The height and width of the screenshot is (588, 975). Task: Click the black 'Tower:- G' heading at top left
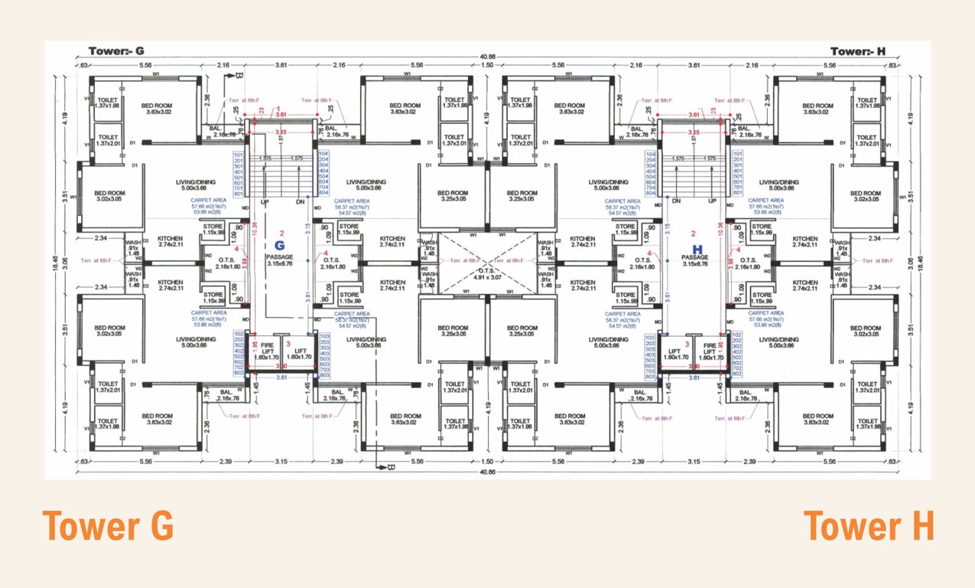[116, 51]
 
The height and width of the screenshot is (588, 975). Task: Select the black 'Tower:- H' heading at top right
[857, 51]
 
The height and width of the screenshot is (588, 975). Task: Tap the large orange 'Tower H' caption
[869, 528]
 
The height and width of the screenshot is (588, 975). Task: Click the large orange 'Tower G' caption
[108, 528]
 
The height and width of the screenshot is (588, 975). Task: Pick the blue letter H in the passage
[697, 249]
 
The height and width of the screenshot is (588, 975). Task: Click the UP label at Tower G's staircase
[265, 201]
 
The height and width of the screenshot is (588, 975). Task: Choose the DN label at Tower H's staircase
[677, 201]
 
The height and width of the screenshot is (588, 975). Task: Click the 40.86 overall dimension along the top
[487, 57]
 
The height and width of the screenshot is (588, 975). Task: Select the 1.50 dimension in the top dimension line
[487, 66]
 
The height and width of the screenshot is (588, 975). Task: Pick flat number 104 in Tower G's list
[322, 154]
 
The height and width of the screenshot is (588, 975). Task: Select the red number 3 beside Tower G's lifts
[288, 345]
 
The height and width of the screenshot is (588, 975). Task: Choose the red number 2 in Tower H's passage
[693, 233]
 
